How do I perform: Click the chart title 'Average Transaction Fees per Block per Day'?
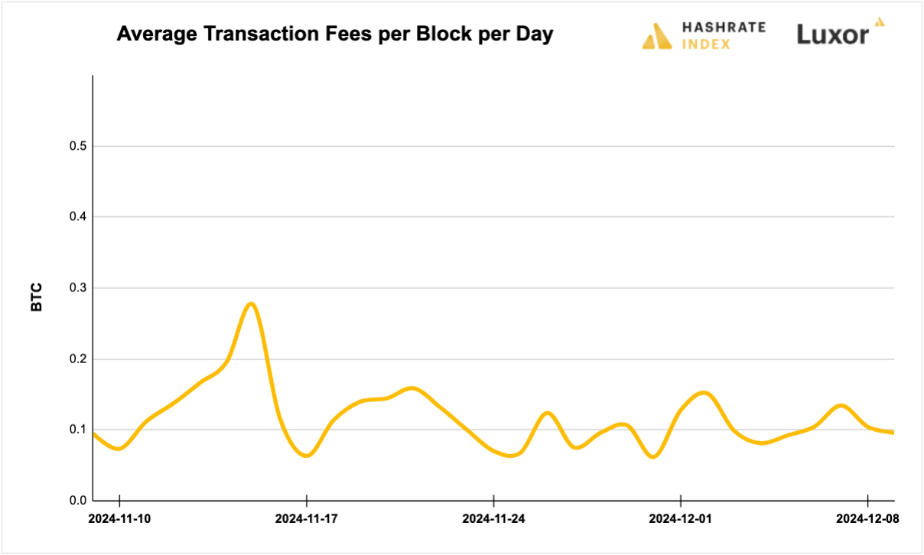[334, 35]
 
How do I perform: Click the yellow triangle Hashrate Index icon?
[657, 36]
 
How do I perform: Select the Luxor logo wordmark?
[833, 34]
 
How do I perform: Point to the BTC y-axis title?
[37, 297]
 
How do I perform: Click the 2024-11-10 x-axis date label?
[120, 518]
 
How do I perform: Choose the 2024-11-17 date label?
[307, 518]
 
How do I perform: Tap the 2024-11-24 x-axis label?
[493, 518]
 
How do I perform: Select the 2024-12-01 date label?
[680, 518]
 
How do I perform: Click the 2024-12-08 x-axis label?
[867, 518]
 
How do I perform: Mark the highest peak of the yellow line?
[251, 303]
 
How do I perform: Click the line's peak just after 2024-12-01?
[704, 393]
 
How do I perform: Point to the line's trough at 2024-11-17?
[307, 456]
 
